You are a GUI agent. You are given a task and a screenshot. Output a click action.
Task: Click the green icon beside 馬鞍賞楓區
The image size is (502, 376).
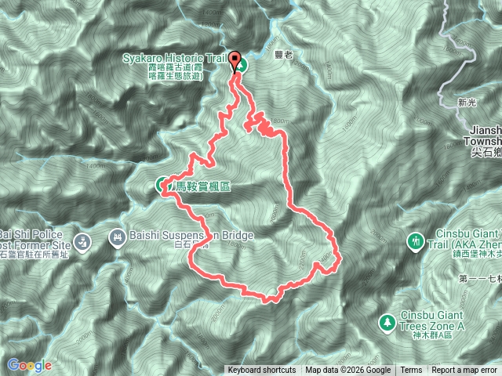coord(160,185)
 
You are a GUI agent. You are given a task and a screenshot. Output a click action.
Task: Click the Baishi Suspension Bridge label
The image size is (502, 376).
coord(191,236)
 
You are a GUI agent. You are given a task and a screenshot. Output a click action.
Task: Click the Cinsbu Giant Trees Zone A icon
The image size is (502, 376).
coord(387,321)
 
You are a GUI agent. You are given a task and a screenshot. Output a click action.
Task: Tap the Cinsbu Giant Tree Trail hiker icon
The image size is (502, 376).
coord(417,240)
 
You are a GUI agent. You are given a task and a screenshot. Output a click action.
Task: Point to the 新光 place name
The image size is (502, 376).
coord(466,102)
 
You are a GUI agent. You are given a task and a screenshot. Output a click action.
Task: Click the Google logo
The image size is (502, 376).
coord(29,365)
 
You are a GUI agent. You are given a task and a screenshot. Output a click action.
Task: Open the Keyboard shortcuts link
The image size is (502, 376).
coord(262,371)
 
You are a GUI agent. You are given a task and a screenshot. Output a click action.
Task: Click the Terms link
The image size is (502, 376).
coord(411,371)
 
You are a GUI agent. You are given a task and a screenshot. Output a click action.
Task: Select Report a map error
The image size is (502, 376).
coord(465,371)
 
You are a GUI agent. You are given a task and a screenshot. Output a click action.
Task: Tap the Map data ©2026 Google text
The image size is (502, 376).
coord(348,371)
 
